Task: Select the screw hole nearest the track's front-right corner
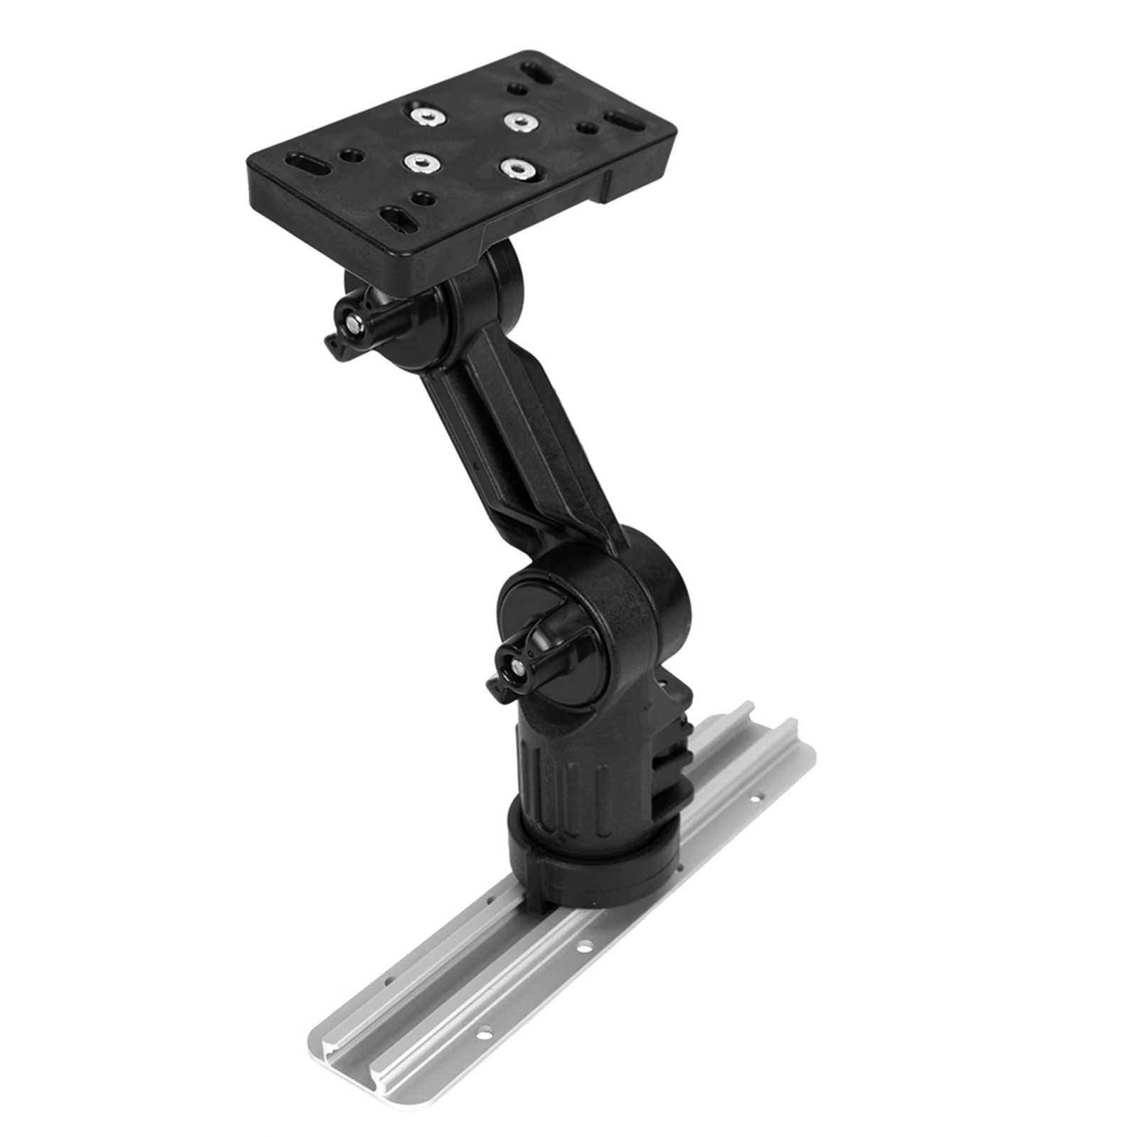[484, 1030]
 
